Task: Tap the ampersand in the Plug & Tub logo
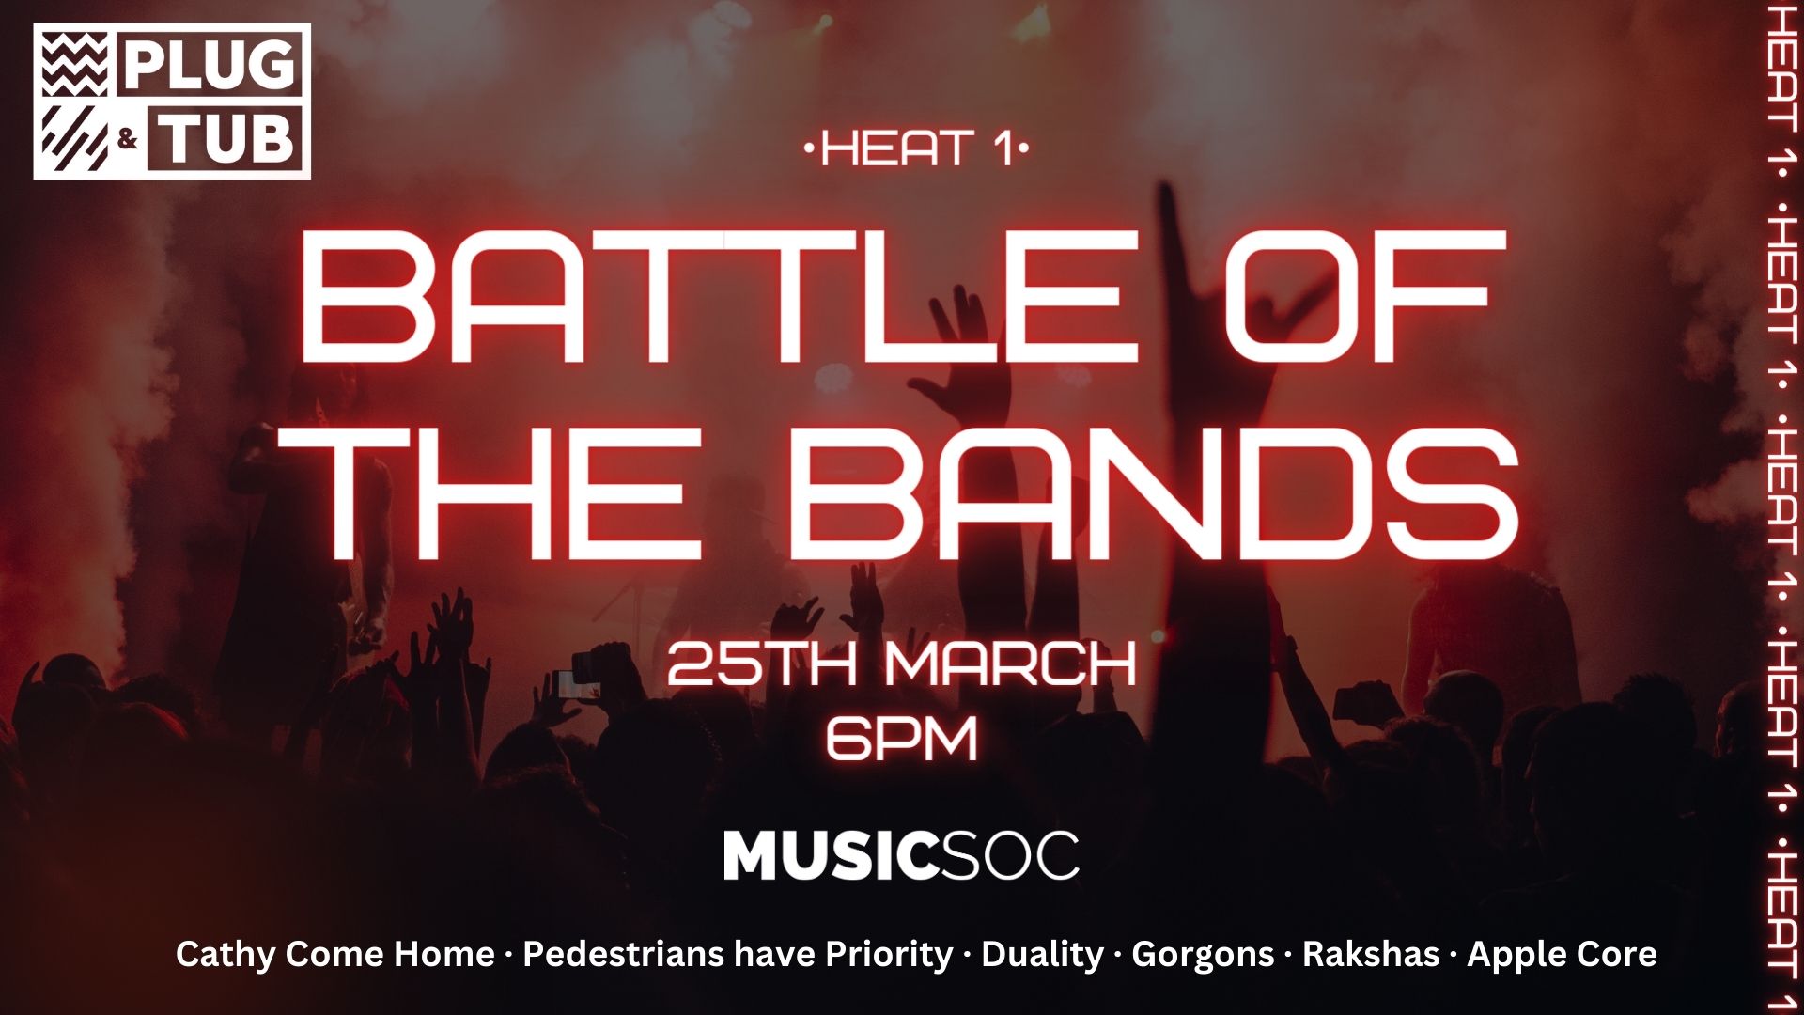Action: (129, 141)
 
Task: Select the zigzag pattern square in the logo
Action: (74, 64)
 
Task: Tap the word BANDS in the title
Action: (1155, 491)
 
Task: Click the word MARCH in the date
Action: (1011, 664)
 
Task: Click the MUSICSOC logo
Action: (901, 855)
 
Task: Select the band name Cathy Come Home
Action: (334, 954)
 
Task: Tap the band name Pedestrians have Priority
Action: (738, 955)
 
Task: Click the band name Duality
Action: (1042, 955)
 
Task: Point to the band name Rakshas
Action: (1370, 954)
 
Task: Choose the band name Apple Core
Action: (1562, 955)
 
